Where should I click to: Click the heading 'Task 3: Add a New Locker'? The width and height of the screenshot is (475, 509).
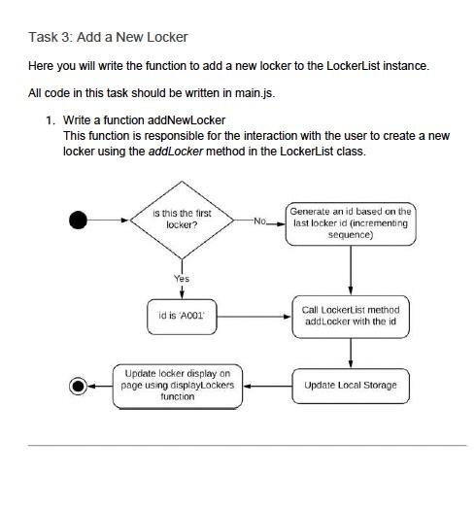pos(108,37)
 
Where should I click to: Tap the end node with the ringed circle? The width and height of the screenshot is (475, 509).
pos(79,386)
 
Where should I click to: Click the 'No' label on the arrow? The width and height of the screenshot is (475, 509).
pos(257,221)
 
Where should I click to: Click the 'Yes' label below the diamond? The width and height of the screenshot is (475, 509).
pos(182,279)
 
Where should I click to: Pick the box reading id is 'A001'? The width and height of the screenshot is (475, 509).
pos(182,316)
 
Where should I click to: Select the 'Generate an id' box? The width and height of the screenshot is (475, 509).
pos(350,222)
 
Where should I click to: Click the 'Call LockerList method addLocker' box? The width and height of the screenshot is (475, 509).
pos(350,316)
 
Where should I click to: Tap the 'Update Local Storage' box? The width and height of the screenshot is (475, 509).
pos(350,386)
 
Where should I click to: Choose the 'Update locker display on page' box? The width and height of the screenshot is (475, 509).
pos(178,386)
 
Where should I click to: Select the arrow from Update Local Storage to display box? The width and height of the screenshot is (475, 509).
pos(266,386)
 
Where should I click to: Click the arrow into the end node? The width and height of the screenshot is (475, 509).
pos(101,386)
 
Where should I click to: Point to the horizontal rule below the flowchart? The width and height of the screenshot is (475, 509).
pos(237,445)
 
